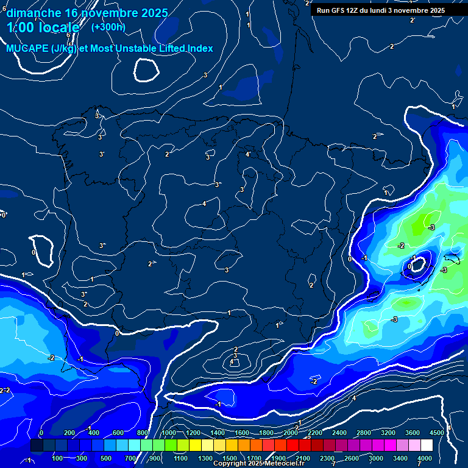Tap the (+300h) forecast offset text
tap(108, 27)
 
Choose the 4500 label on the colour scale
tap(436, 433)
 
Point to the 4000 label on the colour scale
tap(425, 458)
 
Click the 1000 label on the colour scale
tap(169, 433)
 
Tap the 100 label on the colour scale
tap(58, 458)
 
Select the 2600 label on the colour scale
tap(352, 458)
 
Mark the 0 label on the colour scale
tap(41, 433)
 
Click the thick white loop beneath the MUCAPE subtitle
tap(146, 69)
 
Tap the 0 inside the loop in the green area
tap(409, 266)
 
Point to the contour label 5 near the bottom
tap(308, 437)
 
